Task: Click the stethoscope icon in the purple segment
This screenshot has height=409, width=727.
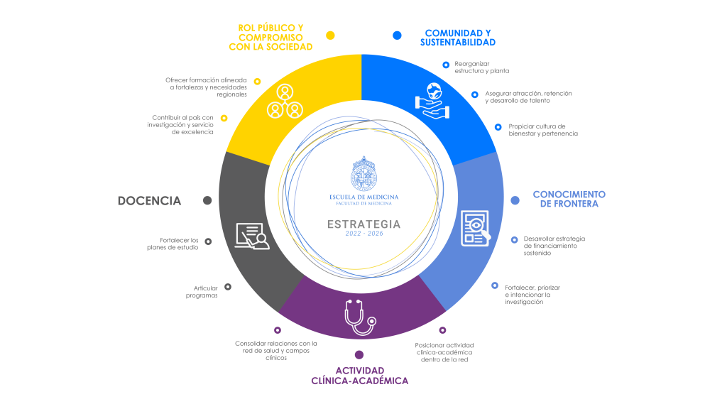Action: tap(360, 317)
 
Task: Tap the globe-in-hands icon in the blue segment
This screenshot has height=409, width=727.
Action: tap(432, 101)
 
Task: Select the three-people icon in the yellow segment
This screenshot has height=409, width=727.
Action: tap(285, 102)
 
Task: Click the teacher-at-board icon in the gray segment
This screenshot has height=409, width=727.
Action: tap(252, 236)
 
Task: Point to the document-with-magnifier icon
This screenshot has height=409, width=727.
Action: tap(475, 228)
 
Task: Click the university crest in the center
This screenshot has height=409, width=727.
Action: tap(363, 174)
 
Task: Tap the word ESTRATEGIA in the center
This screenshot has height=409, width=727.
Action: tap(364, 224)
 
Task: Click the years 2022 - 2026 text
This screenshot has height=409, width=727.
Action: tap(364, 234)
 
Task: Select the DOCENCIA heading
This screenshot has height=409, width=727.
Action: tap(149, 201)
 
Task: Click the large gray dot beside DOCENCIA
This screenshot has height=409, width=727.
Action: tap(207, 200)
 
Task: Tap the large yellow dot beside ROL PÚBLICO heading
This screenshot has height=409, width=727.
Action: tap(330, 36)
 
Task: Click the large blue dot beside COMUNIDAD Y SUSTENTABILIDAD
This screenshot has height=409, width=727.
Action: tap(397, 36)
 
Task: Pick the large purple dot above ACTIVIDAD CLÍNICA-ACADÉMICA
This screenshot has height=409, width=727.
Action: tap(359, 355)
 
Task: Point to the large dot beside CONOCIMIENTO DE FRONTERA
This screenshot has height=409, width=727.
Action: tap(515, 200)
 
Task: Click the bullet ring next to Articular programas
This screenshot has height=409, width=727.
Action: tap(228, 287)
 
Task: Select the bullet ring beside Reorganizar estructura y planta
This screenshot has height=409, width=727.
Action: tap(446, 65)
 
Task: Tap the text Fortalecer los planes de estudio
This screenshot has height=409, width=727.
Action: tap(173, 244)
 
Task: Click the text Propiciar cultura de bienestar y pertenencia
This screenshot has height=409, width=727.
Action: tap(543, 130)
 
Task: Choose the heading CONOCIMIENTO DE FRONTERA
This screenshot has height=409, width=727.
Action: tap(569, 199)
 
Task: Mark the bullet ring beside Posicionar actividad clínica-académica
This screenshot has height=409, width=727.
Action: tap(442, 330)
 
